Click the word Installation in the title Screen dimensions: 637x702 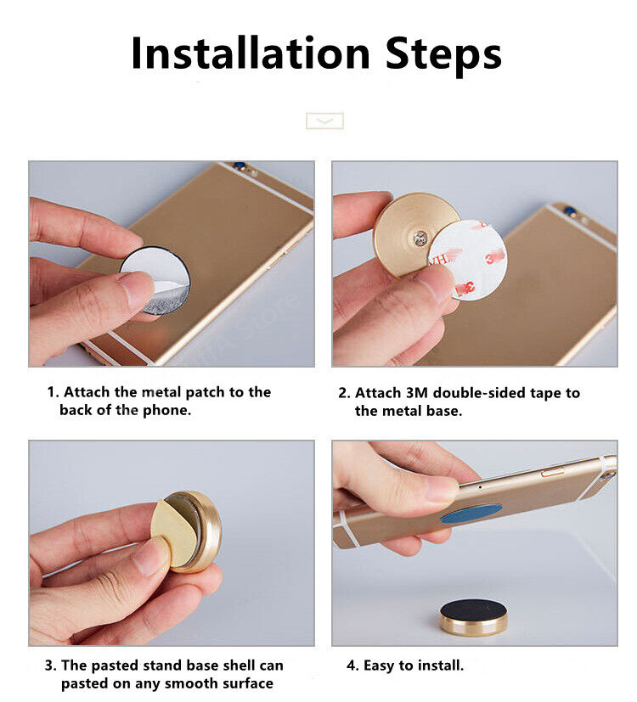(x=251, y=53)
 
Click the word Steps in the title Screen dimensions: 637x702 (x=443, y=55)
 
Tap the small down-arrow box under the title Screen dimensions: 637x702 (x=324, y=121)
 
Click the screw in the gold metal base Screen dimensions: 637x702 (x=420, y=239)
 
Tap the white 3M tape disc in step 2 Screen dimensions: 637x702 (x=471, y=260)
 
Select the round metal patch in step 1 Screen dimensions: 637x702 (x=155, y=280)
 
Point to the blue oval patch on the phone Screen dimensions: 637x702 (x=471, y=514)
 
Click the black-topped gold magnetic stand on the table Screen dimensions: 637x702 (x=473, y=617)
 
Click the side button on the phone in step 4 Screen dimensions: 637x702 (x=552, y=471)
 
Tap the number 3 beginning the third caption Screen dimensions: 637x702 (x=50, y=665)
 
